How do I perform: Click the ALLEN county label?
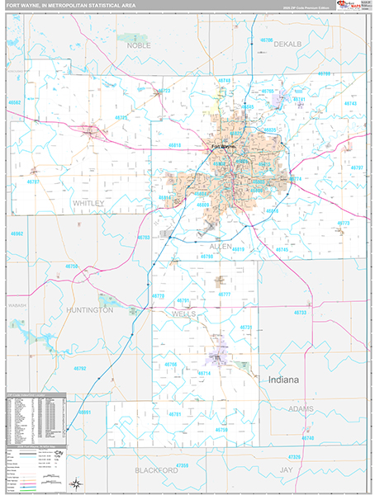point(221,246)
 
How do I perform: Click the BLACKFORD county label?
point(156,469)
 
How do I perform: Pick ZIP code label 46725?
point(121,118)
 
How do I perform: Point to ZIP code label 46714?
point(205,373)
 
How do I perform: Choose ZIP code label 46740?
point(307,437)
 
